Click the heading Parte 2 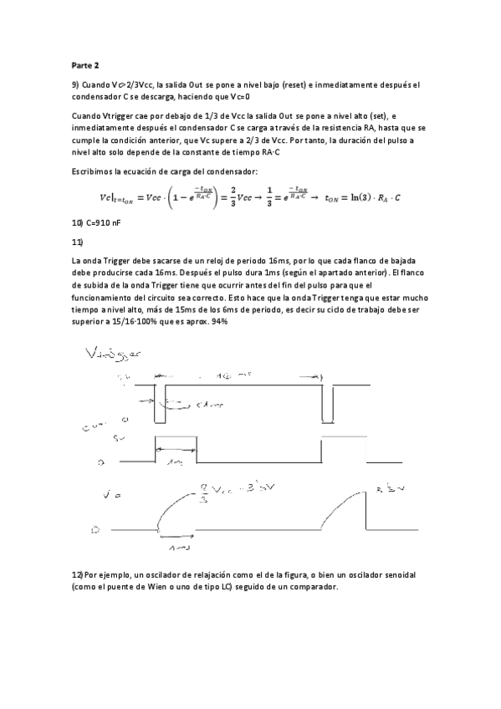pyautogui.click(x=84, y=63)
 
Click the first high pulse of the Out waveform pyautogui.click(x=176, y=449)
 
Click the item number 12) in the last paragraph pyautogui.click(x=79, y=577)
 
